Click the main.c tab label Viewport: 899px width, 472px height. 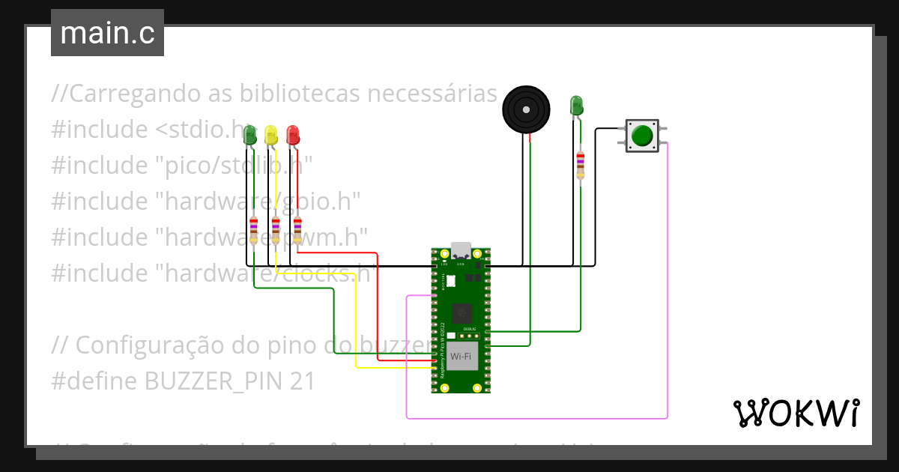107,34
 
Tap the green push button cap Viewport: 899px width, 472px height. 642,136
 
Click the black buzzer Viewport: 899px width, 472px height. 526,110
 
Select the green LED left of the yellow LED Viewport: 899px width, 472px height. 250,136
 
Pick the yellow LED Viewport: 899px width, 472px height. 271,136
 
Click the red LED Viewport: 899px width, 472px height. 292,136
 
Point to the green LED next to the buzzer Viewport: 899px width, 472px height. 576,106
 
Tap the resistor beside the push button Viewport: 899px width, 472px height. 580,164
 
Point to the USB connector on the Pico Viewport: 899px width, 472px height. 461,250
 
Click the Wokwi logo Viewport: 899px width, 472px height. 796,413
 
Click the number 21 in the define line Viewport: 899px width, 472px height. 302,381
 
